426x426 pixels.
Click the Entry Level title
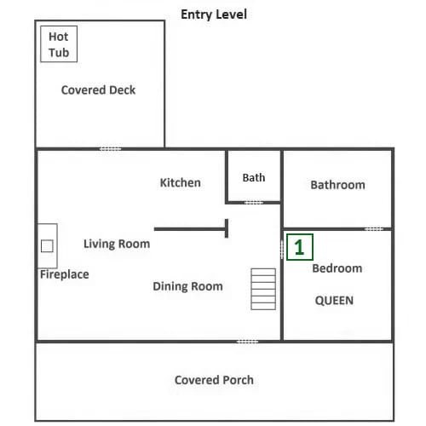[x=214, y=14]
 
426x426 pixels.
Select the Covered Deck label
[x=98, y=90]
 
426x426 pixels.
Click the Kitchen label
[x=181, y=182]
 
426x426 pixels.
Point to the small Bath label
[x=254, y=178]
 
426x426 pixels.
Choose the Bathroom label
[x=337, y=185]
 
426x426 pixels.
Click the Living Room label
[x=117, y=244]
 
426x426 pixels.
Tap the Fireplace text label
[x=65, y=274]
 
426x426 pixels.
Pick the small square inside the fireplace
[x=47, y=246]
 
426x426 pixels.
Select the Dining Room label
[x=187, y=286]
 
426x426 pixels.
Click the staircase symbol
[x=263, y=289]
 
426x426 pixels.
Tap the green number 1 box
[x=300, y=247]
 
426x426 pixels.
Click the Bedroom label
[x=337, y=268]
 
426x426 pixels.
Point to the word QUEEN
[x=334, y=301]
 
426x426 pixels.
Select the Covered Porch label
[x=214, y=380]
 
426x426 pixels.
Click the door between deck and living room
[x=110, y=149]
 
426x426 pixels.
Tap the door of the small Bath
[x=254, y=203]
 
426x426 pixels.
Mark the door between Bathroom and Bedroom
[x=374, y=229]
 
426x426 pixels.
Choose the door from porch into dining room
[x=247, y=342]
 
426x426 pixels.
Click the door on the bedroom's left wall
[x=282, y=250]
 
